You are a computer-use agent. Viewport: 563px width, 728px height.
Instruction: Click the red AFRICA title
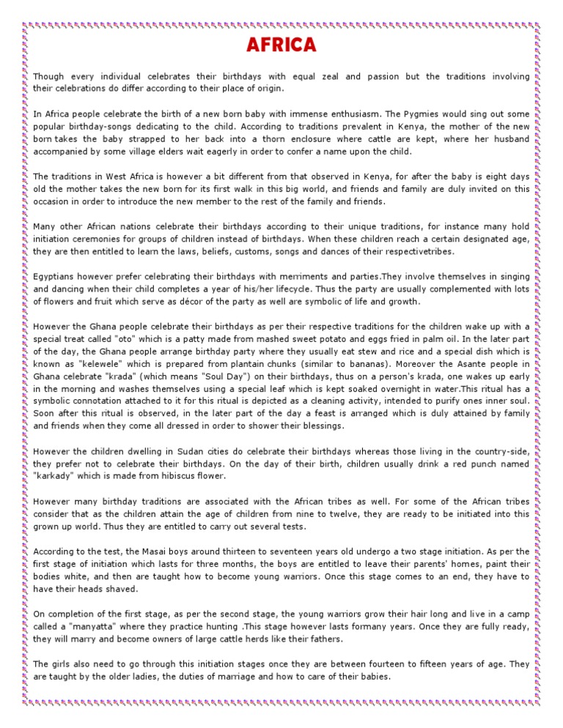click(x=281, y=45)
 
